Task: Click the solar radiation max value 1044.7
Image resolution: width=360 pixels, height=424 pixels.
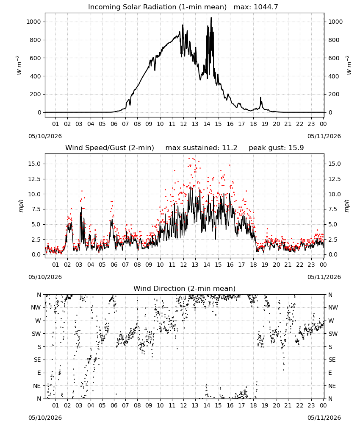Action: [266, 7]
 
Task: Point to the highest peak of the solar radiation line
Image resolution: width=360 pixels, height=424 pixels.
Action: [211, 18]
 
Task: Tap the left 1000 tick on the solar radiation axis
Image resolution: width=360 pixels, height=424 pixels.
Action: [34, 22]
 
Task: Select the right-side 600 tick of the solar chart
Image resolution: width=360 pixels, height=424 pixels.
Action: [334, 58]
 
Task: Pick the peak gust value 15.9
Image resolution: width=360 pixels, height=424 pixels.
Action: [296, 148]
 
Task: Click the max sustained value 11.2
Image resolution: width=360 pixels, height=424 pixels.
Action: [230, 148]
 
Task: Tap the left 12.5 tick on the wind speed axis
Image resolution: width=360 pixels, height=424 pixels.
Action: [35, 179]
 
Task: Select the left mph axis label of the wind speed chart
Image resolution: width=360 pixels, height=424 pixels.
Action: [21, 206]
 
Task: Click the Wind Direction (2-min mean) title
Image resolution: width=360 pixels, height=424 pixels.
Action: [185, 288]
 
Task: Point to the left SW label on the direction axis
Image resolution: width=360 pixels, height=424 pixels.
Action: [36, 334]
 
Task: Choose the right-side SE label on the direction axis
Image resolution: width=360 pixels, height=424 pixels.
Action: [332, 360]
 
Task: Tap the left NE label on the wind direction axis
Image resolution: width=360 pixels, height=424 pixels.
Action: [37, 386]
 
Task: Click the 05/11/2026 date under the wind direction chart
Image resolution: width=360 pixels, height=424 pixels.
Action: [324, 418]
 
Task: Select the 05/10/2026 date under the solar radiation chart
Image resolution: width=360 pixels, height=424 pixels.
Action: [45, 136]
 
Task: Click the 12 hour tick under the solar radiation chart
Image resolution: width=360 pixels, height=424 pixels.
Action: [183, 124]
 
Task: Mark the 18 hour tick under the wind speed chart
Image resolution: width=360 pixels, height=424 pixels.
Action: [253, 265]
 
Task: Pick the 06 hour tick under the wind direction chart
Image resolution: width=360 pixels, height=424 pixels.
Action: [114, 405]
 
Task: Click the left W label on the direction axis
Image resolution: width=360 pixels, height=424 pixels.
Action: [38, 321]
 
